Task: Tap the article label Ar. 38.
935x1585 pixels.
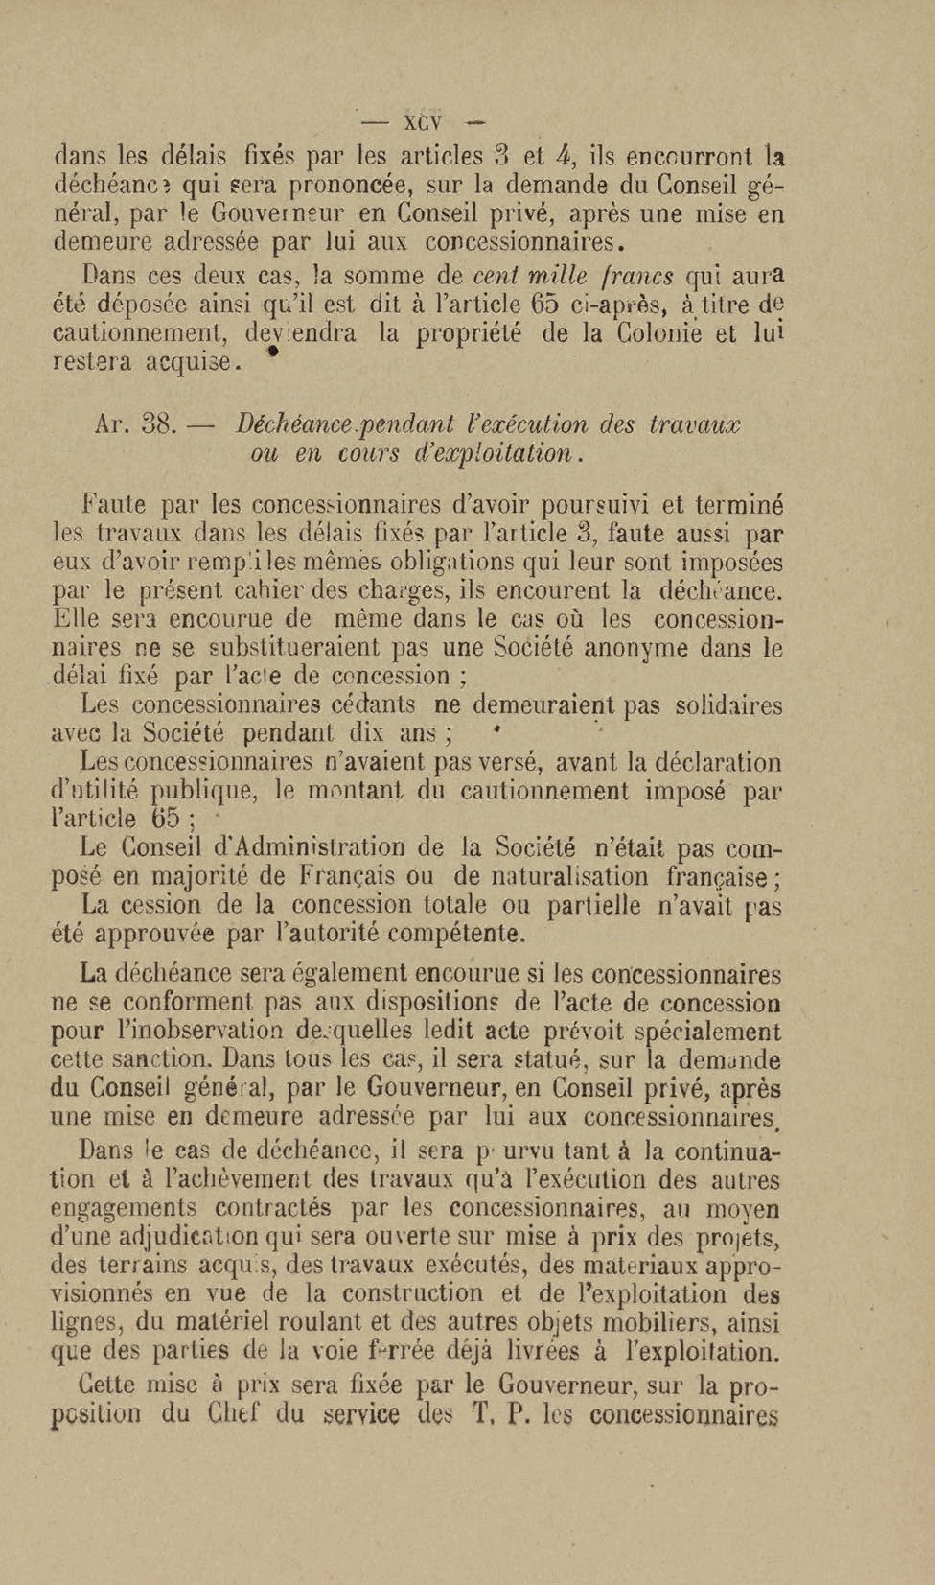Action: point(134,425)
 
